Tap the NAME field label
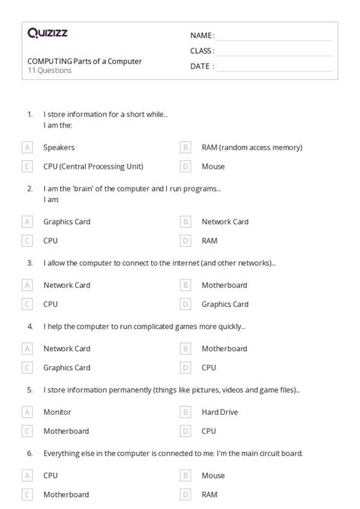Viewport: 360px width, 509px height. pos(202,35)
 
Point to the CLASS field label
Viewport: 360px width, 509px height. pos(202,51)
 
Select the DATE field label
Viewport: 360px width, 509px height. pos(201,66)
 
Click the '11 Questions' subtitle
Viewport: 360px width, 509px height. pos(49,71)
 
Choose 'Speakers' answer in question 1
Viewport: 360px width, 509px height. pos(59,147)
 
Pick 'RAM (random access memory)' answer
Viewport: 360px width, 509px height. pos(251,147)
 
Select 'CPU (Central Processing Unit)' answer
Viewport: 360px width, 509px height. pos(93,166)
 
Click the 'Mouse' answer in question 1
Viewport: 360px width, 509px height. pos(213,166)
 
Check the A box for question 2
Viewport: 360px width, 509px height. pos(27,222)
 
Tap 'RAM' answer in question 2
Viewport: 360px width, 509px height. pos(209,240)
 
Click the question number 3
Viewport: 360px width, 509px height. pos(30,263)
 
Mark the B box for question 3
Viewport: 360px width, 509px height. pos(185,286)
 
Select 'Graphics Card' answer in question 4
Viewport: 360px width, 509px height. pos(67,367)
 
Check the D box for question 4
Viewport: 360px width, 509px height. pos(185,367)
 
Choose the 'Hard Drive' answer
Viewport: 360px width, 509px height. pos(220,412)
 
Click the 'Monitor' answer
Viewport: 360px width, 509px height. pos(57,412)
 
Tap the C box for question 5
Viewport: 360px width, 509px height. pos(27,430)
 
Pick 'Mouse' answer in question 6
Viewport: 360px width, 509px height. pos(213,476)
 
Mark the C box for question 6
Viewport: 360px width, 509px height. pos(27,494)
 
